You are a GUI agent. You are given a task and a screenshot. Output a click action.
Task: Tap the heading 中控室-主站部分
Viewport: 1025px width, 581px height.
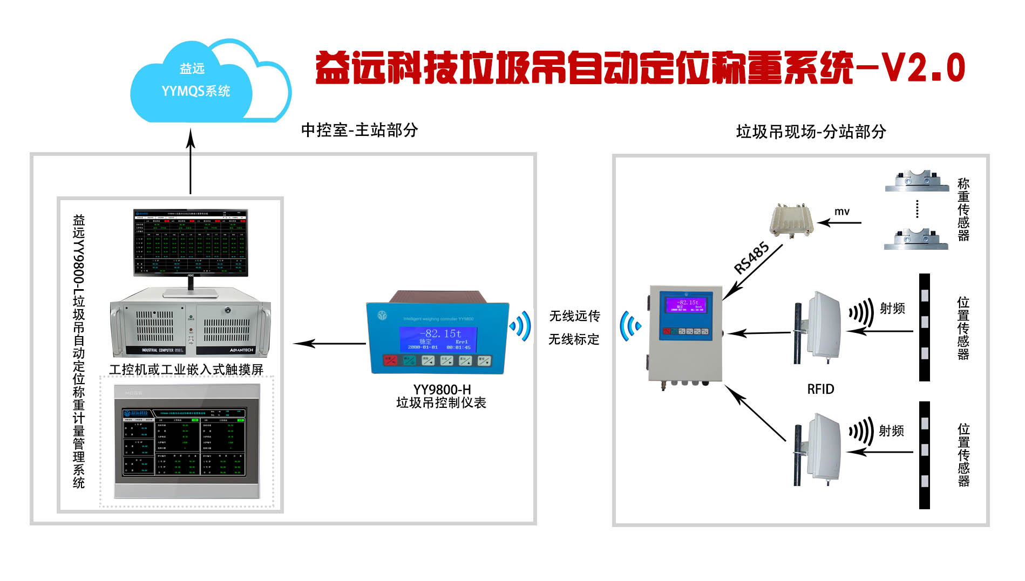pyautogui.click(x=359, y=130)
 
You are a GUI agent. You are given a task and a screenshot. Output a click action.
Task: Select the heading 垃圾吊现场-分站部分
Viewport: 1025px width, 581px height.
pyautogui.click(x=811, y=132)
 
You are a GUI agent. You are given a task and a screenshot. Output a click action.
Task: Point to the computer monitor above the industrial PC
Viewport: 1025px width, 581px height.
pyautogui.click(x=191, y=243)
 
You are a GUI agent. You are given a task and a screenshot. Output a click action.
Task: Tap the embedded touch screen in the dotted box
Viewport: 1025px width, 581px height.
pyautogui.click(x=187, y=441)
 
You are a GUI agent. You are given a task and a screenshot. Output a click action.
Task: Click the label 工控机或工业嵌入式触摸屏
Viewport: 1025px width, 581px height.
pyautogui.click(x=186, y=370)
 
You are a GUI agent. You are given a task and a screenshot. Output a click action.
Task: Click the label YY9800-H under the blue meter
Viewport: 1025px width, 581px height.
pyautogui.click(x=442, y=389)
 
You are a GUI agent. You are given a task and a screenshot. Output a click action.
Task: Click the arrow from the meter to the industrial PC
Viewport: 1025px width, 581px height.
pyautogui.click(x=329, y=343)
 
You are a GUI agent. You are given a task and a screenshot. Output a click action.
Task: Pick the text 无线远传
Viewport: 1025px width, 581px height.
pyautogui.click(x=574, y=316)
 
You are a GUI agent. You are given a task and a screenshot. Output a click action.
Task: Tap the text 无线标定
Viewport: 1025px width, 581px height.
pyautogui.click(x=574, y=339)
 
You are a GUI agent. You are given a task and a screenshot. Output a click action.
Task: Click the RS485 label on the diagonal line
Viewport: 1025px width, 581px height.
pyautogui.click(x=751, y=258)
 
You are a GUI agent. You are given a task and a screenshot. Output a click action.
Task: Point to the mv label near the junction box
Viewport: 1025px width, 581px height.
pyautogui.click(x=841, y=211)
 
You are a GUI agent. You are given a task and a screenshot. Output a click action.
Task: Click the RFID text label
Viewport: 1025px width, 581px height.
pyautogui.click(x=820, y=389)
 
